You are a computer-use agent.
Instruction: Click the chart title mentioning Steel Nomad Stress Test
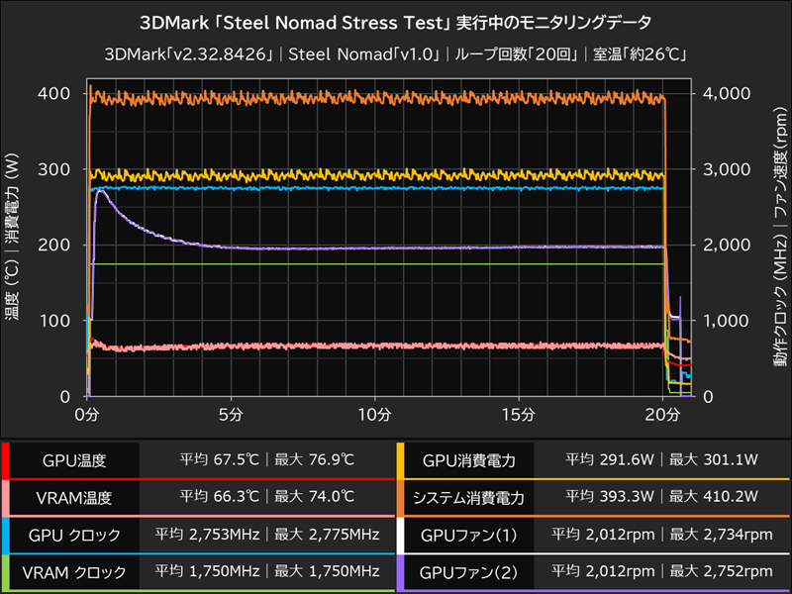pos(396,20)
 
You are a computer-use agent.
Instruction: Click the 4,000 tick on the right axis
pos(728,93)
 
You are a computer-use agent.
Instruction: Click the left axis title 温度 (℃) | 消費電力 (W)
pos(15,245)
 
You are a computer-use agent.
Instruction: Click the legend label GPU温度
pos(74,460)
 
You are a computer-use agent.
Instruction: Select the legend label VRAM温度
pos(74,498)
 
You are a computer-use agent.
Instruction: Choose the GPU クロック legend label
pos(74,536)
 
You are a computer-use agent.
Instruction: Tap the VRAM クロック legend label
pos(74,572)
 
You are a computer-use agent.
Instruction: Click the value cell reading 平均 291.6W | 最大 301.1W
pos(662,460)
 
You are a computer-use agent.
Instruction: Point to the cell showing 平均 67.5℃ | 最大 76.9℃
pos(266,460)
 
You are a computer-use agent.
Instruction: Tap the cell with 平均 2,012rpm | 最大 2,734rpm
pos(662,536)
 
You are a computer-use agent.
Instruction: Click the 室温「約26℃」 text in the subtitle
pos(634,53)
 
